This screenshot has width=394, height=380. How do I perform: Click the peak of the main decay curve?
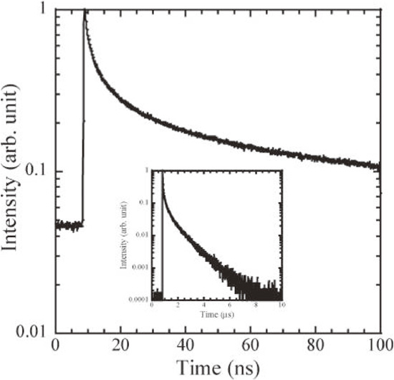[x=85, y=11]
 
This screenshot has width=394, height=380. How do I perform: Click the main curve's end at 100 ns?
[x=379, y=166]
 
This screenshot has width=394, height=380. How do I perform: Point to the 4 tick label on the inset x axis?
[x=203, y=305]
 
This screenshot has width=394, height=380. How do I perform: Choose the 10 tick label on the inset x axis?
[x=281, y=305]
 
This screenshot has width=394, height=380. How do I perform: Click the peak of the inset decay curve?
[x=162, y=171]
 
